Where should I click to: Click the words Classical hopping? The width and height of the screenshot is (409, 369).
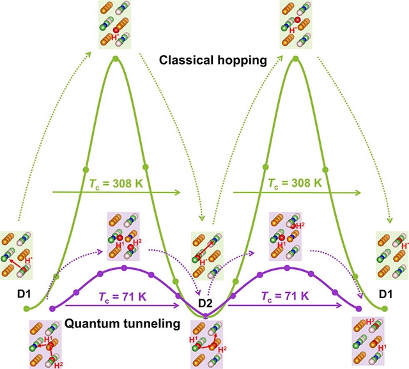[203, 62]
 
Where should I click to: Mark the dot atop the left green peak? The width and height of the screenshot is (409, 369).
[116, 59]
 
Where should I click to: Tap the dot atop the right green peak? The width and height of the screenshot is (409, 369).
[295, 59]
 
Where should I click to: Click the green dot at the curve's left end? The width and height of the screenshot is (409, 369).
[27, 309]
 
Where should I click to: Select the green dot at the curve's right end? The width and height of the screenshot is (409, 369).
[386, 309]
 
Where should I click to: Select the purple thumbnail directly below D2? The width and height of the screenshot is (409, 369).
[206, 342]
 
